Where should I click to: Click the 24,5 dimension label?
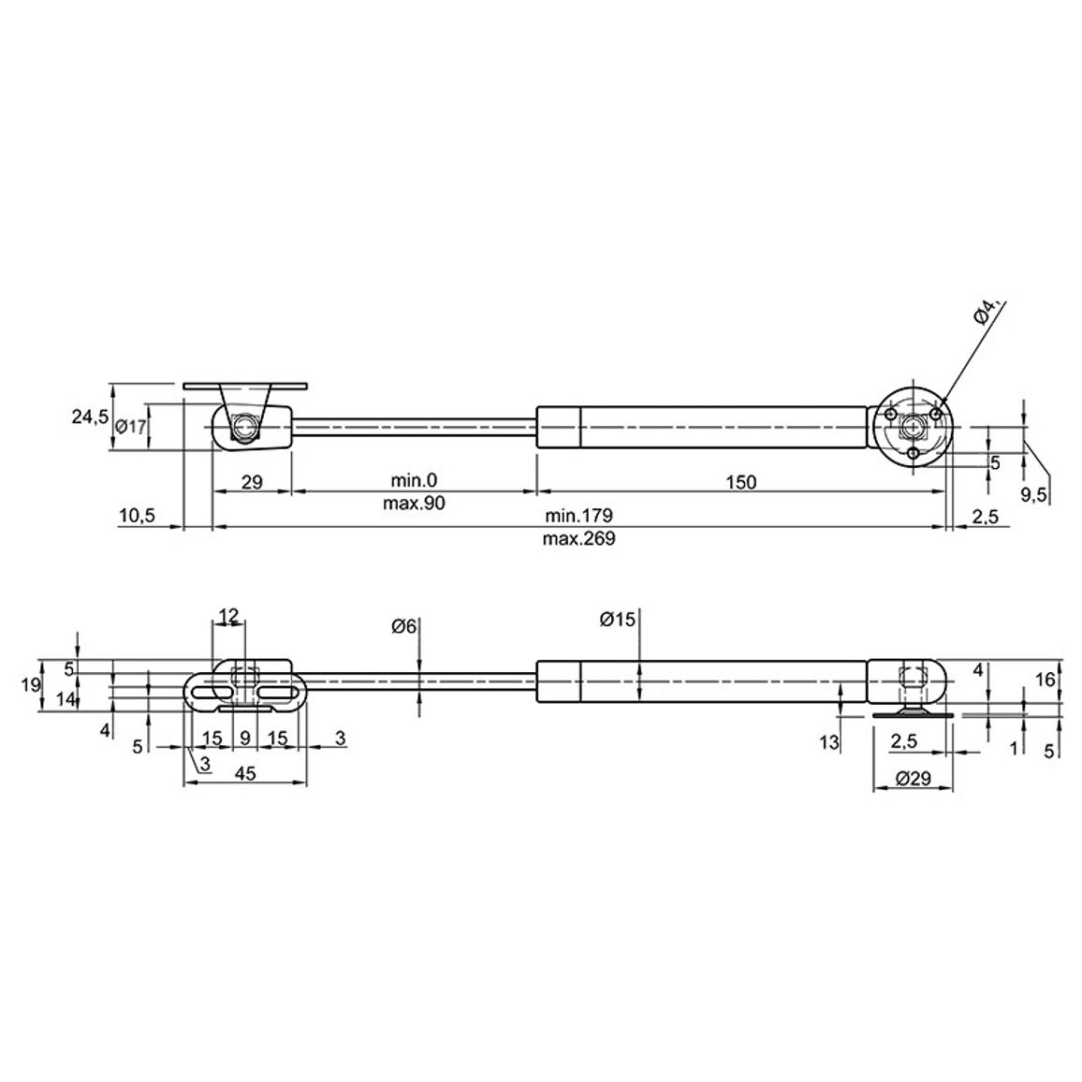click(x=91, y=417)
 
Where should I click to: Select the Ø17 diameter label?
click(x=131, y=427)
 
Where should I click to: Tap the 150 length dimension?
click(x=741, y=482)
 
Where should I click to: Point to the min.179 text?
click(x=578, y=515)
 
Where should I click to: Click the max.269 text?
click(x=578, y=538)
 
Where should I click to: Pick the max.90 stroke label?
click(x=414, y=503)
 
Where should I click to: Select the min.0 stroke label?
click(x=414, y=480)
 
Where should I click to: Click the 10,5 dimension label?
click(x=138, y=515)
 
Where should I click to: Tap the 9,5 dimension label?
click(x=1033, y=494)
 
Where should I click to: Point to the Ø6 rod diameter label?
click(x=404, y=626)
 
